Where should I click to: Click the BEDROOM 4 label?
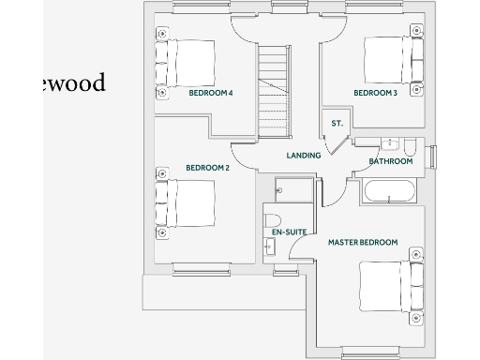pos(210,94)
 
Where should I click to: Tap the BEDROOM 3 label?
pos(375,94)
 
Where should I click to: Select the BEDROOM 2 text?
pos(207,168)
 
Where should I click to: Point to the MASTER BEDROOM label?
pos(362,242)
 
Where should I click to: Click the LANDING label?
pos(304,156)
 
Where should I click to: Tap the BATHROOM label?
pos(391,161)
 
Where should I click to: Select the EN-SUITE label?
pos(289,231)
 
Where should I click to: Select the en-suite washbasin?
pos(271,247)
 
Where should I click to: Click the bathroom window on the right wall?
pos(431,157)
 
